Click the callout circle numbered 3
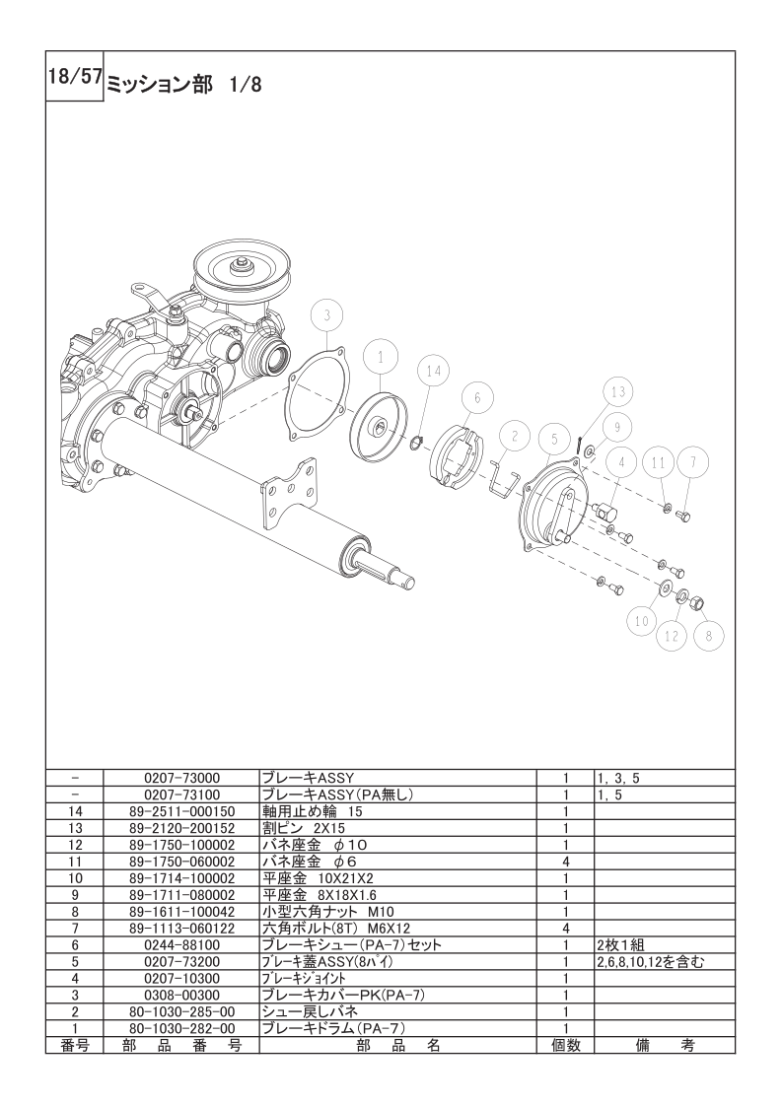tap(326, 315)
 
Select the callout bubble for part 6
tap(477, 398)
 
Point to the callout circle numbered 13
tap(618, 392)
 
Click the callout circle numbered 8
tap(709, 636)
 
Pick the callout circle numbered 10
tap(642, 621)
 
